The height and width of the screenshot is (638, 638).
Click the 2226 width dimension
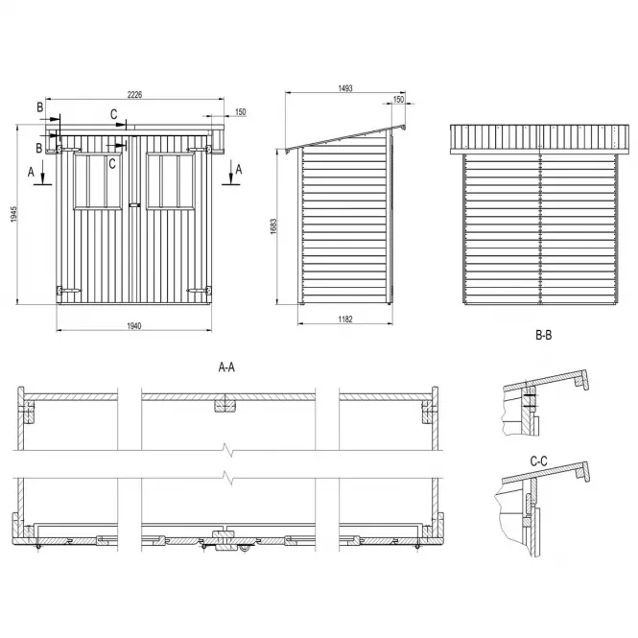[x=134, y=94]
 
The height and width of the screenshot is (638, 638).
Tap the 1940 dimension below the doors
[x=134, y=326]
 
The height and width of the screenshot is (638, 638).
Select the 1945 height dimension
[x=13, y=215]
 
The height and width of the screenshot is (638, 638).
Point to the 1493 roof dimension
[x=345, y=88]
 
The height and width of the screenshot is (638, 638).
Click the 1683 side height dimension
[x=273, y=226]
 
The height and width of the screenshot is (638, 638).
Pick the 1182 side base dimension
[x=345, y=319]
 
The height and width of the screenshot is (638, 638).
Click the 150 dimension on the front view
[x=241, y=112]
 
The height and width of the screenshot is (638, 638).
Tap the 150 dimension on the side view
[x=399, y=99]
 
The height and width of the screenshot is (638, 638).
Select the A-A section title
[x=226, y=367]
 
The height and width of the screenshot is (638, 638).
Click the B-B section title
[x=544, y=335]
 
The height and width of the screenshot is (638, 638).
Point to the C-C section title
[x=539, y=461]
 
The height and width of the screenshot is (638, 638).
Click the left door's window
[x=98, y=181]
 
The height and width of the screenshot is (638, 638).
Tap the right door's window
[x=170, y=181]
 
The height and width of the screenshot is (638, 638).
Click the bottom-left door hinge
[x=68, y=291]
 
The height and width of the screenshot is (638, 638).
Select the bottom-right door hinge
[x=200, y=291]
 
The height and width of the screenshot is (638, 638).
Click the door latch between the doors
[x=134, y=205]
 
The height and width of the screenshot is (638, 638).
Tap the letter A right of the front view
[x=239, y=169]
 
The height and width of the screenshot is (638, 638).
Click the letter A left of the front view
[x=31, y=172]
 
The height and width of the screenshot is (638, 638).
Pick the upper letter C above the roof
[x=114, y=114]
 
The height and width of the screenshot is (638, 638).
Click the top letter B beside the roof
[x=40, y=107]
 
